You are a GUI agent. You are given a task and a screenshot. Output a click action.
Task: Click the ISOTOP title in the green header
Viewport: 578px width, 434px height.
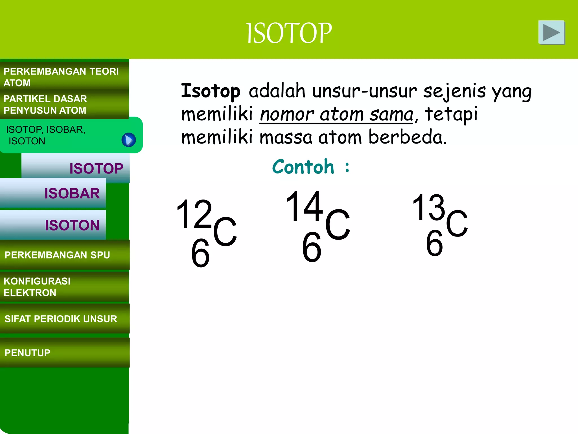289,33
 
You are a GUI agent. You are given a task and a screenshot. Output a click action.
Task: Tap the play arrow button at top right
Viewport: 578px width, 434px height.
551,32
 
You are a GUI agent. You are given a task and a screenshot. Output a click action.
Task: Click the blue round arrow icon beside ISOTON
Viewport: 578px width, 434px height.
129,140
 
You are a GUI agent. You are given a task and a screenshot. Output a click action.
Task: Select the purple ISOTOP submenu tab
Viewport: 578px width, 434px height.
96,168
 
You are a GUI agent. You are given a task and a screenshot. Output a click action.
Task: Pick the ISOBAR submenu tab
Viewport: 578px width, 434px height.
72,194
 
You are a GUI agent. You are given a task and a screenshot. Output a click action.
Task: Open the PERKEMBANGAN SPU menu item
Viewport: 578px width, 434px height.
58,255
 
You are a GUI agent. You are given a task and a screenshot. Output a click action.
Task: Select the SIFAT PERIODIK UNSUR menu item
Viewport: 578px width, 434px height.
61,319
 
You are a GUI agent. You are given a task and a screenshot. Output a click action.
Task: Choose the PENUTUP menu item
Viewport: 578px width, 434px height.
28,353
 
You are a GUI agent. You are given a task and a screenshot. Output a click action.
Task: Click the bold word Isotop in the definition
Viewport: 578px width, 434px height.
210,91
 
